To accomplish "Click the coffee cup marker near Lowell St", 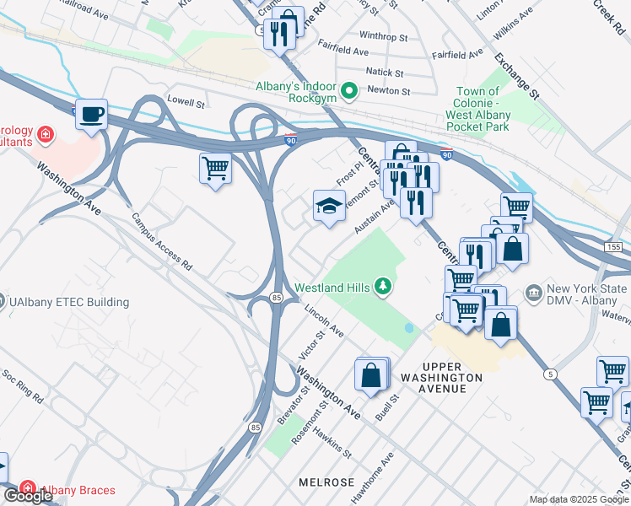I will tap(91, 114).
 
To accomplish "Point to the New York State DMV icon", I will tap(533, 294).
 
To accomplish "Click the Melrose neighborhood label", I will tap(326, 482).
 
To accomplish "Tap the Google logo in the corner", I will tap(27, 495).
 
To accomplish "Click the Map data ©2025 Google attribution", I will tap(579, 499).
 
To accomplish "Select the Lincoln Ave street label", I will tap(325, 320).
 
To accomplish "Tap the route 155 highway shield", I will tap(612, 246).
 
